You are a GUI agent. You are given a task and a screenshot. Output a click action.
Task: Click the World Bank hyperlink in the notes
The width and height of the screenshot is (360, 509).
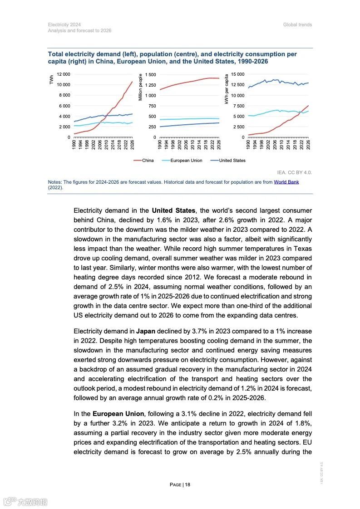pyautogui.click(x=286, y=182)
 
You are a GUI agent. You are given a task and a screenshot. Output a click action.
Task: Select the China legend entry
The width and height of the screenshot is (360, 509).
pyautogui.click(x=148, y=160)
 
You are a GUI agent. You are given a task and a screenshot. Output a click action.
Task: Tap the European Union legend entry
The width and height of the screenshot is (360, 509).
pyautogui.click(x=186, y=160)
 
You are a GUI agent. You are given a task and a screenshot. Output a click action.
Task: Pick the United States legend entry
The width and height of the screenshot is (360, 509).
pyautogui.click(x=232, y=160)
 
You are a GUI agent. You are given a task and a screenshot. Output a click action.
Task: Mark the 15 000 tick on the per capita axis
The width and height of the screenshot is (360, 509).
pyautogui.click(x=237, y=74)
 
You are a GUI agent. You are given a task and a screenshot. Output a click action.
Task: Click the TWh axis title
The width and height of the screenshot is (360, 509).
pyautogui.click(x=52, y=80)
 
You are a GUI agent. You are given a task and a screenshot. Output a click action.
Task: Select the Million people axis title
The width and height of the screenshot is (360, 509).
pyautogui.click(x=140, y=87)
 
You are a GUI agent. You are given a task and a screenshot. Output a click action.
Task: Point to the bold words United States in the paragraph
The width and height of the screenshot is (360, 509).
pyautogui.click(x=173, y=210)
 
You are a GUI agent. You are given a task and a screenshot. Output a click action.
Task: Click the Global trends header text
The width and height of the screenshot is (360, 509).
pyautogui.click(x=297, y=24)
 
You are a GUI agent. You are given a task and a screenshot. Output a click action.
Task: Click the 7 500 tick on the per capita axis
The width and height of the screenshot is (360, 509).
pyautogui.click(x=239, y=106)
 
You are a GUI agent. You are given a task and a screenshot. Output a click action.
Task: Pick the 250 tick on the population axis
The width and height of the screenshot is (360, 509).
pyautogui.click(x=152, y=127)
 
